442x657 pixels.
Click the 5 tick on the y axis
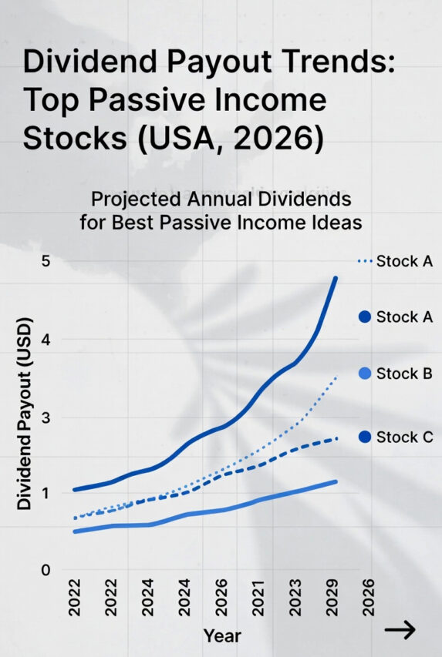(x=46, y=262)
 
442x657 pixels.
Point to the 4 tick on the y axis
(x=46, y=340)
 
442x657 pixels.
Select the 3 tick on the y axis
(x=46, y=418)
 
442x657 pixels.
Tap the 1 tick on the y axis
(x=46, y=493)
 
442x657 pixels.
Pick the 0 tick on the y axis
(x=46, y=571)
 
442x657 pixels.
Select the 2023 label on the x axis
(x=295, y=598)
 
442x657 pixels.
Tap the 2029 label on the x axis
(x=332, y=598)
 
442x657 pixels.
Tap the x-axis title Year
(x=222, y=636)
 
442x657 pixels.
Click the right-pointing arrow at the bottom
(x=400, y=630)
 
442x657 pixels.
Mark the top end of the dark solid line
(x=336, y=277)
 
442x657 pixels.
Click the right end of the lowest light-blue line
(x=336, y=481)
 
